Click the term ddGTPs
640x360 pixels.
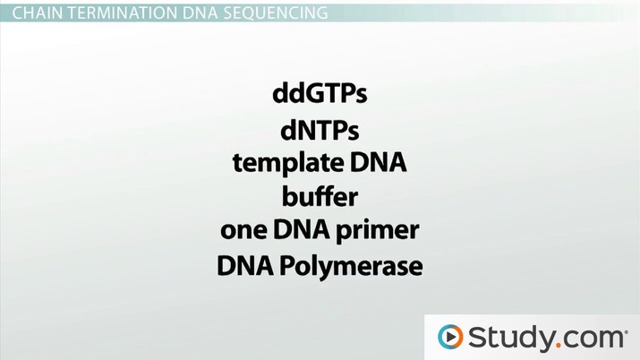[x=320, y=94]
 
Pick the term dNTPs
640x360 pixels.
[x=320, y=132]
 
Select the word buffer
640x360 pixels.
[x=320, y=197]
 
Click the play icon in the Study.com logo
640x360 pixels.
[x=450, y=337]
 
